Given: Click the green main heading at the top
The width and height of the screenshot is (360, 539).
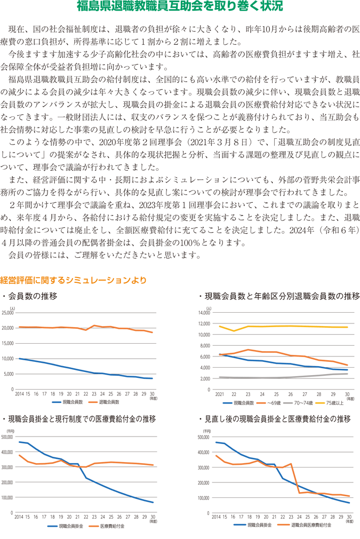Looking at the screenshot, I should (x=180, y=7).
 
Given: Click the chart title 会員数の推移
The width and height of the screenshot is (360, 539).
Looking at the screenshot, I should (x=33, y=296).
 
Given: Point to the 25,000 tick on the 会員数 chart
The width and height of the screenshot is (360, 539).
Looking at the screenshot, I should (x=9, y=313).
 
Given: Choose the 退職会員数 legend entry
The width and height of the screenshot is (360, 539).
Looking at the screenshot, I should (x=107, y=401).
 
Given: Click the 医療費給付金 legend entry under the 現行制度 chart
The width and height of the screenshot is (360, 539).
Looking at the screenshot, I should (x=110, y=525).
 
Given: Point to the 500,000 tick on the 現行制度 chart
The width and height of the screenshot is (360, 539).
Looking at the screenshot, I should (x=9, y=437).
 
